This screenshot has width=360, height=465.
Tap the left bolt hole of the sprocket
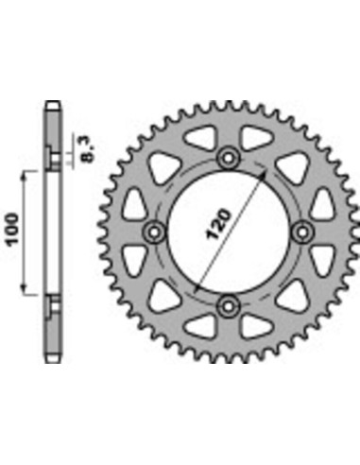[x=153, y=231]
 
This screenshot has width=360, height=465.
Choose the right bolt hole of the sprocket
[x=303, y=231]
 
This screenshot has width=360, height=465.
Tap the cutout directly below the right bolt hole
[x=322, y=259]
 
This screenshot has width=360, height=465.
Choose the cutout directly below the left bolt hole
[x=135, y=259]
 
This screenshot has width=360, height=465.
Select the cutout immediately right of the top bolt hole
[x=256, y=139]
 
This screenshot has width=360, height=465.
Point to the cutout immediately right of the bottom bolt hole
[x=256, y=323]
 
